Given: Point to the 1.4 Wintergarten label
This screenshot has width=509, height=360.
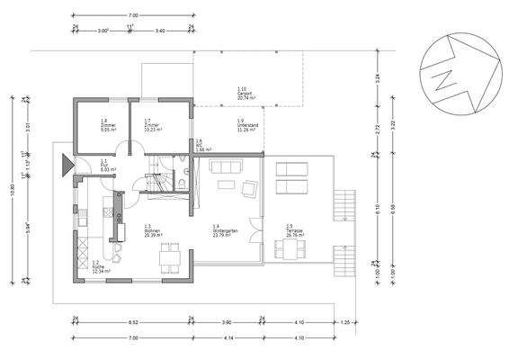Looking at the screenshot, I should pyautogui.click(x=224, y=229).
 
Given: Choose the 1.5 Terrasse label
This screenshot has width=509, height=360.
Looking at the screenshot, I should pyautogui.click(x=295, y=229).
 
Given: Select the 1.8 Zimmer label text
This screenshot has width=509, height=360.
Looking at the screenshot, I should pyautogui.click(x=83, y=125).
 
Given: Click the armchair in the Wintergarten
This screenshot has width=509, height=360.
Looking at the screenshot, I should pyautogui.click(x=249, y=187).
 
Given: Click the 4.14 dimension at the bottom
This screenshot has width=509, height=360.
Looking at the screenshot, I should pyautogui.click(x=228, y=337).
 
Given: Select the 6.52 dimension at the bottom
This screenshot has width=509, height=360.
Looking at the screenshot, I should pyautogui.click(x=133, y=320).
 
